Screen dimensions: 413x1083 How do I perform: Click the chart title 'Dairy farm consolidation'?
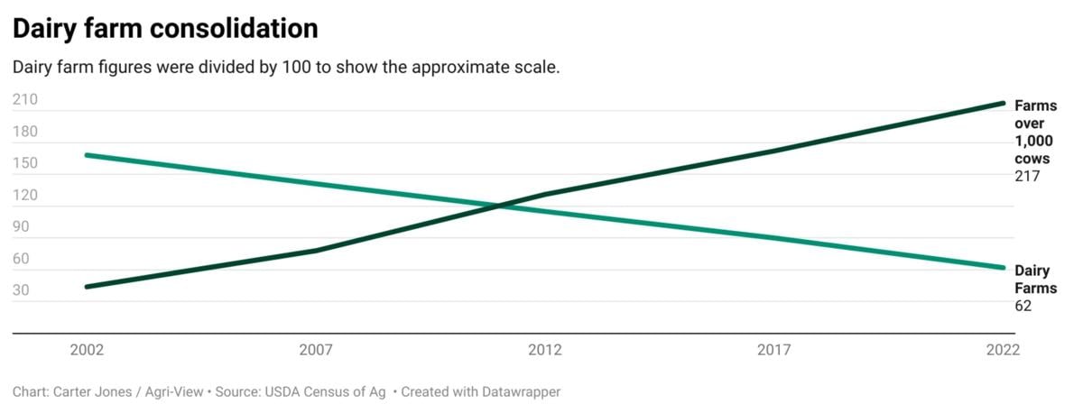pos(165,29)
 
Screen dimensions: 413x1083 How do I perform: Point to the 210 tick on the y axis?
pos(25,100)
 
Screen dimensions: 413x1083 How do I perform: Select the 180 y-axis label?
pos(25,132)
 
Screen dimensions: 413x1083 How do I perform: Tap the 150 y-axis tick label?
pos(25,163)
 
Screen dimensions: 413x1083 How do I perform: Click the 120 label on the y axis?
pos(25,195)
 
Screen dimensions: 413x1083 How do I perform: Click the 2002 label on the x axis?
pos(87,350)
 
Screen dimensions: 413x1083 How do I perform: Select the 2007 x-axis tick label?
pos(316,350)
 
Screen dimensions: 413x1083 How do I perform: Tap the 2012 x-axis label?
pos(545,350)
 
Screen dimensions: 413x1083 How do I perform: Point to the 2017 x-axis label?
pos(774,350)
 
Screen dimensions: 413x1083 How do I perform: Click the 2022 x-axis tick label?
pos(1003,350)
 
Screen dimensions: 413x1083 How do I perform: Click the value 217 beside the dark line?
pos(1028,177)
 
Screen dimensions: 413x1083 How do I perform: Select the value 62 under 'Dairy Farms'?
pos(1023,307)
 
